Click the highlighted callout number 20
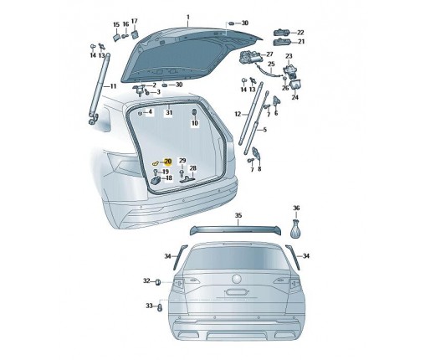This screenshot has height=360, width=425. [168, 162]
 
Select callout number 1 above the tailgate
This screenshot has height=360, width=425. [188, 17]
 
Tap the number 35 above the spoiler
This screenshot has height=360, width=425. [238, 215]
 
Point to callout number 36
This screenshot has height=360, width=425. [296, 208]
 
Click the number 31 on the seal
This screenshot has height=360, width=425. [169, 113]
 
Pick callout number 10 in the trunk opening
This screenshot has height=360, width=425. [195, 123]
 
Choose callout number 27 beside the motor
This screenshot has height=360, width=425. [269, 54]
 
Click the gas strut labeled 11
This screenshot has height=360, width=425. [100, 86]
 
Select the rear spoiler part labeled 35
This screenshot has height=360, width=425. [236, 230]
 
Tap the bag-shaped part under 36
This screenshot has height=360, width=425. [296, 229]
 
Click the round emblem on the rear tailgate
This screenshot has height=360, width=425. [236, 279]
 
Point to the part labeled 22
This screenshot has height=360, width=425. [281, 33]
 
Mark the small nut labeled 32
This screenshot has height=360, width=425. [157, 282]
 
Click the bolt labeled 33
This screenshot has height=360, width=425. [160, 307]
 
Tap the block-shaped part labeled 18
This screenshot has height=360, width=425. [156, 180]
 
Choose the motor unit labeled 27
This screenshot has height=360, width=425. [249, 58]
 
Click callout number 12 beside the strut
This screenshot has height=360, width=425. [238, 114]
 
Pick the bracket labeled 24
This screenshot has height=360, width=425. [295, 85]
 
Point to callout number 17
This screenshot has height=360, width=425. [134, 21]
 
